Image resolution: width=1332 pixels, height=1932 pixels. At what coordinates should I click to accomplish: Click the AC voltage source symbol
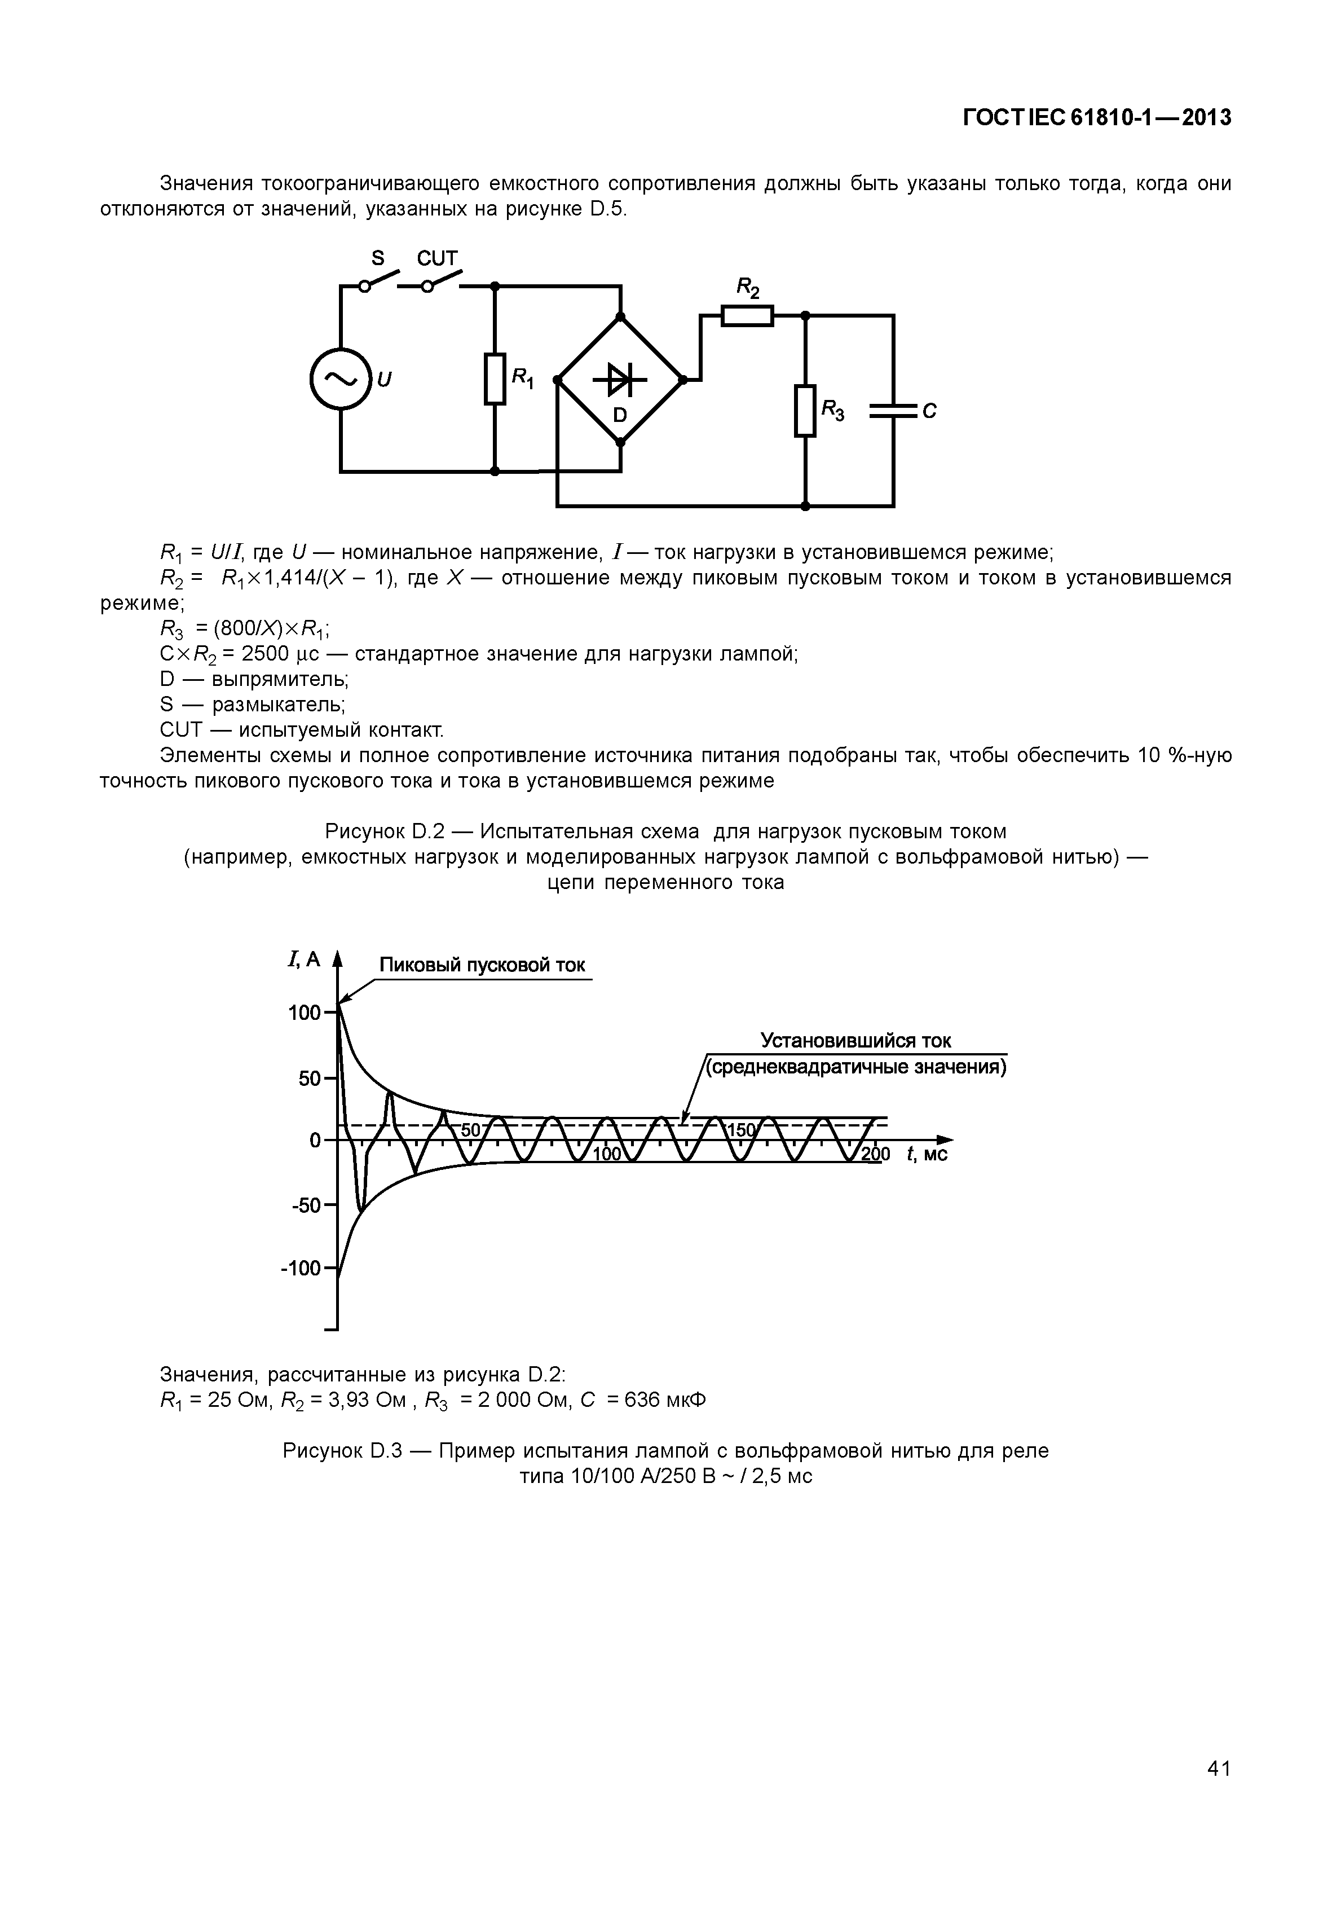339,379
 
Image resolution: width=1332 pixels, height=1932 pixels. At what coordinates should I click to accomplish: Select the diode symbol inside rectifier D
619,380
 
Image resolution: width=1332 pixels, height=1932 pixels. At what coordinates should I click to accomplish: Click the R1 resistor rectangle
495,379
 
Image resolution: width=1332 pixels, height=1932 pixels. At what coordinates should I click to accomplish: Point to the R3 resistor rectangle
805,410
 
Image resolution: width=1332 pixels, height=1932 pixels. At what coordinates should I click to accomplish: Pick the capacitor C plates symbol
893,411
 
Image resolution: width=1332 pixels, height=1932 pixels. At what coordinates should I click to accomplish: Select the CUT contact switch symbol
442,282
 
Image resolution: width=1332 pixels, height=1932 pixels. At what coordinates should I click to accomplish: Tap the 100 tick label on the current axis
305,1013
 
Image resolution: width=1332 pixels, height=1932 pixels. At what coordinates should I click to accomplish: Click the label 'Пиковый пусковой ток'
482,966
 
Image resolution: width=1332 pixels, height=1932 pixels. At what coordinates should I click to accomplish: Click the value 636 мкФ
664,1400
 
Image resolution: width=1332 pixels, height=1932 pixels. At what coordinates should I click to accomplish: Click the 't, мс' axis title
927,1155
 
